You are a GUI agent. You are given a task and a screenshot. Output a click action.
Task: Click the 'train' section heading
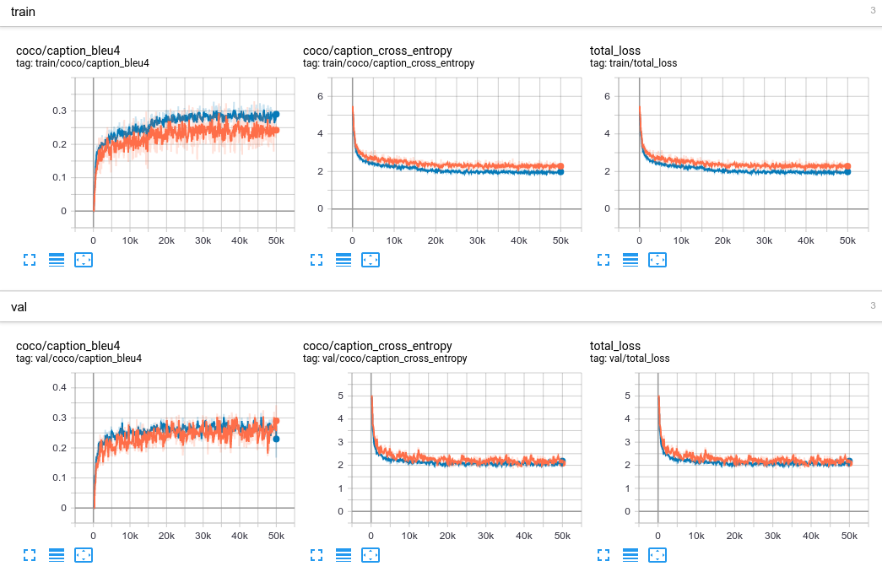[x=23, y=12]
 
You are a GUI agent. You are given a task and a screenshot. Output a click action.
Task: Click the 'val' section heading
[x=19, y=307]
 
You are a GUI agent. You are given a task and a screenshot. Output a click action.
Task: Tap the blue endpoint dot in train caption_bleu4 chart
[x=276, y=114]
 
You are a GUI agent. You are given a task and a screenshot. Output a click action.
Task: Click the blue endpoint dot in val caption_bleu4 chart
[x=276, y=439]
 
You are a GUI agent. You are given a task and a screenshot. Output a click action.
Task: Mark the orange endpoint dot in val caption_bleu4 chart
[x=276, y=421]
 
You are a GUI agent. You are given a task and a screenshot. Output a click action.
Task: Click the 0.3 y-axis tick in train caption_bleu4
[x=59, y=111]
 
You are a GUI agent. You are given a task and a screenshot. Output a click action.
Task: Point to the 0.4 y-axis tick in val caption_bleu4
[x=59, y=388]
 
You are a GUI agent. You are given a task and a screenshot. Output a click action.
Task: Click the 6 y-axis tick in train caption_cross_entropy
[x=320, y=96]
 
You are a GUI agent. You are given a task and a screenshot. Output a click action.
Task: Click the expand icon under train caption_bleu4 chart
[x=30, y=260]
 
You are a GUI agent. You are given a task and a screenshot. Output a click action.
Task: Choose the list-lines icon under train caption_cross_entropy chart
[x=344, y=260]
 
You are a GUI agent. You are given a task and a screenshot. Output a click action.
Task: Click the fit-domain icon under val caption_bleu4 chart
[x=84, y=555]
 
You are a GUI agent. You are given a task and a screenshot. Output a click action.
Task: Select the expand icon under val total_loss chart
[x=603, y=555]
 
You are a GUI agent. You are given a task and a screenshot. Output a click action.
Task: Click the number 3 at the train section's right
[x=873, y=11]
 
